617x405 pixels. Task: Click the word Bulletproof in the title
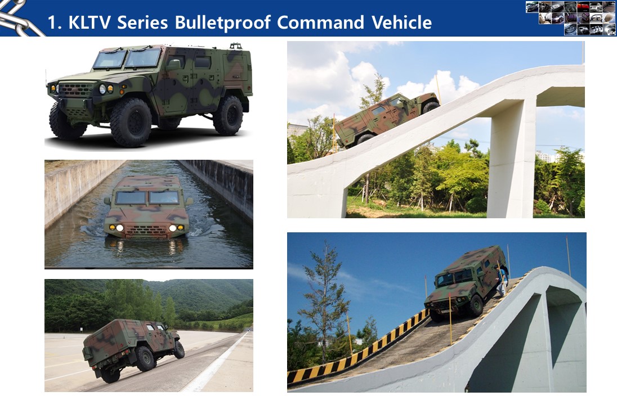pos(223,22)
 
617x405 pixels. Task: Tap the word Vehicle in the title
pos(401,22)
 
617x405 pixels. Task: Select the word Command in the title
pos(320,22)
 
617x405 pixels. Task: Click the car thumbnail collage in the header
pos(571,18)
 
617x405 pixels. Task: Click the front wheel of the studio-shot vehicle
pos(131,122)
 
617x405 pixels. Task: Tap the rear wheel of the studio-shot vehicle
pos(228,115)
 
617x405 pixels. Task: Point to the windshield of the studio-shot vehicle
pos(127,58)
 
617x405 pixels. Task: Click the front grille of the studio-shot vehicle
pos(75,90)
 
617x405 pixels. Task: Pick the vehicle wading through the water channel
pos(147,208)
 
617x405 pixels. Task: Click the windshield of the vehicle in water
pos(147,197)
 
